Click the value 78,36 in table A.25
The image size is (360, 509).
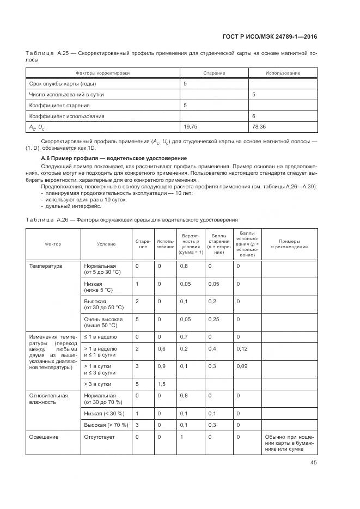[259, 127]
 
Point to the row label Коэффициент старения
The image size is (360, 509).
[59, 105]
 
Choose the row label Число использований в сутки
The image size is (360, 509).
[66, 94]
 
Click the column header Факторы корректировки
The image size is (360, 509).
[103, 73]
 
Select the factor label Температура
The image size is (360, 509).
[46, 266]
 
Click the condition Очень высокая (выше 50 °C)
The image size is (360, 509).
[103, 322]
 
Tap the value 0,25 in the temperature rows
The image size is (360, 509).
[213, 319]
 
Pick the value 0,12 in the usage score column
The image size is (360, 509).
[242, 348]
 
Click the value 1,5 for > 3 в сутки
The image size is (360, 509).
[161, 384]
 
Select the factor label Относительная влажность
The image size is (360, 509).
[49, 399]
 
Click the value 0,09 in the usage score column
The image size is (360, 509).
[242, 366]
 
